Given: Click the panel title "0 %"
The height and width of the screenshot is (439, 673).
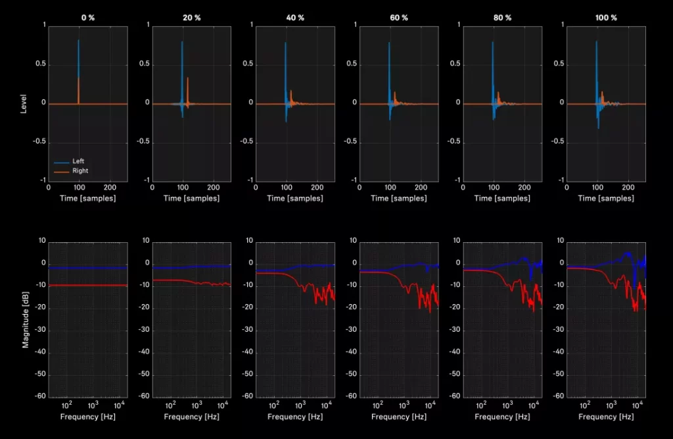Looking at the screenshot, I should tap(87, 18).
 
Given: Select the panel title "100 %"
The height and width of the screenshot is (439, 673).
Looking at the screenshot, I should tap(605, 18).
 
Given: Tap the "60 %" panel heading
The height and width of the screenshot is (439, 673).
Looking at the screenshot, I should tap(399, 18).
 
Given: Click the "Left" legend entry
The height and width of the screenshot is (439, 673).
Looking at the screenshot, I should tap(78, 161).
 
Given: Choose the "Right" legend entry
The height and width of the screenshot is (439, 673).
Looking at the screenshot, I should tap(80, 170).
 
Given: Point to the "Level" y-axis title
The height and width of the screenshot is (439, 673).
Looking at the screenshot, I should tap(24, 103).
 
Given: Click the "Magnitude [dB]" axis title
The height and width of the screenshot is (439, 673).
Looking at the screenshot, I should tap(26, 318).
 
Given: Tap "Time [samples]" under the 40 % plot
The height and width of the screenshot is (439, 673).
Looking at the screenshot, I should tap(296, 198).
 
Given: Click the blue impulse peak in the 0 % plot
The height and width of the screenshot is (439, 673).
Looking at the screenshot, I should tap(78, 41).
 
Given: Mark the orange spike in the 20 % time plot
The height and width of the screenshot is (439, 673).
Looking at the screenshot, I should tap(187, 80).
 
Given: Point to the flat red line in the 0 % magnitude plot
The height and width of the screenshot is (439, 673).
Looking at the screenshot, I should tap(88, 285).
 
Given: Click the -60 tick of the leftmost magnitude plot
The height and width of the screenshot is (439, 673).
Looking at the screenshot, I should tap(41, 396).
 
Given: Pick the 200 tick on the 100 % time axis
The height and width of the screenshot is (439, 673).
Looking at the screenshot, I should tap(628, 187).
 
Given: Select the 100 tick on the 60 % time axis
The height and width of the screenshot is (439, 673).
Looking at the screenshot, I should tap(390, 187).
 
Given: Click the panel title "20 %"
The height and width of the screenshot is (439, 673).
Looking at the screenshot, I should tap(191, 18).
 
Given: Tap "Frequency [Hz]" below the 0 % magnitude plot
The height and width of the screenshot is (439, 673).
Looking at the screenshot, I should tap(88, 417).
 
